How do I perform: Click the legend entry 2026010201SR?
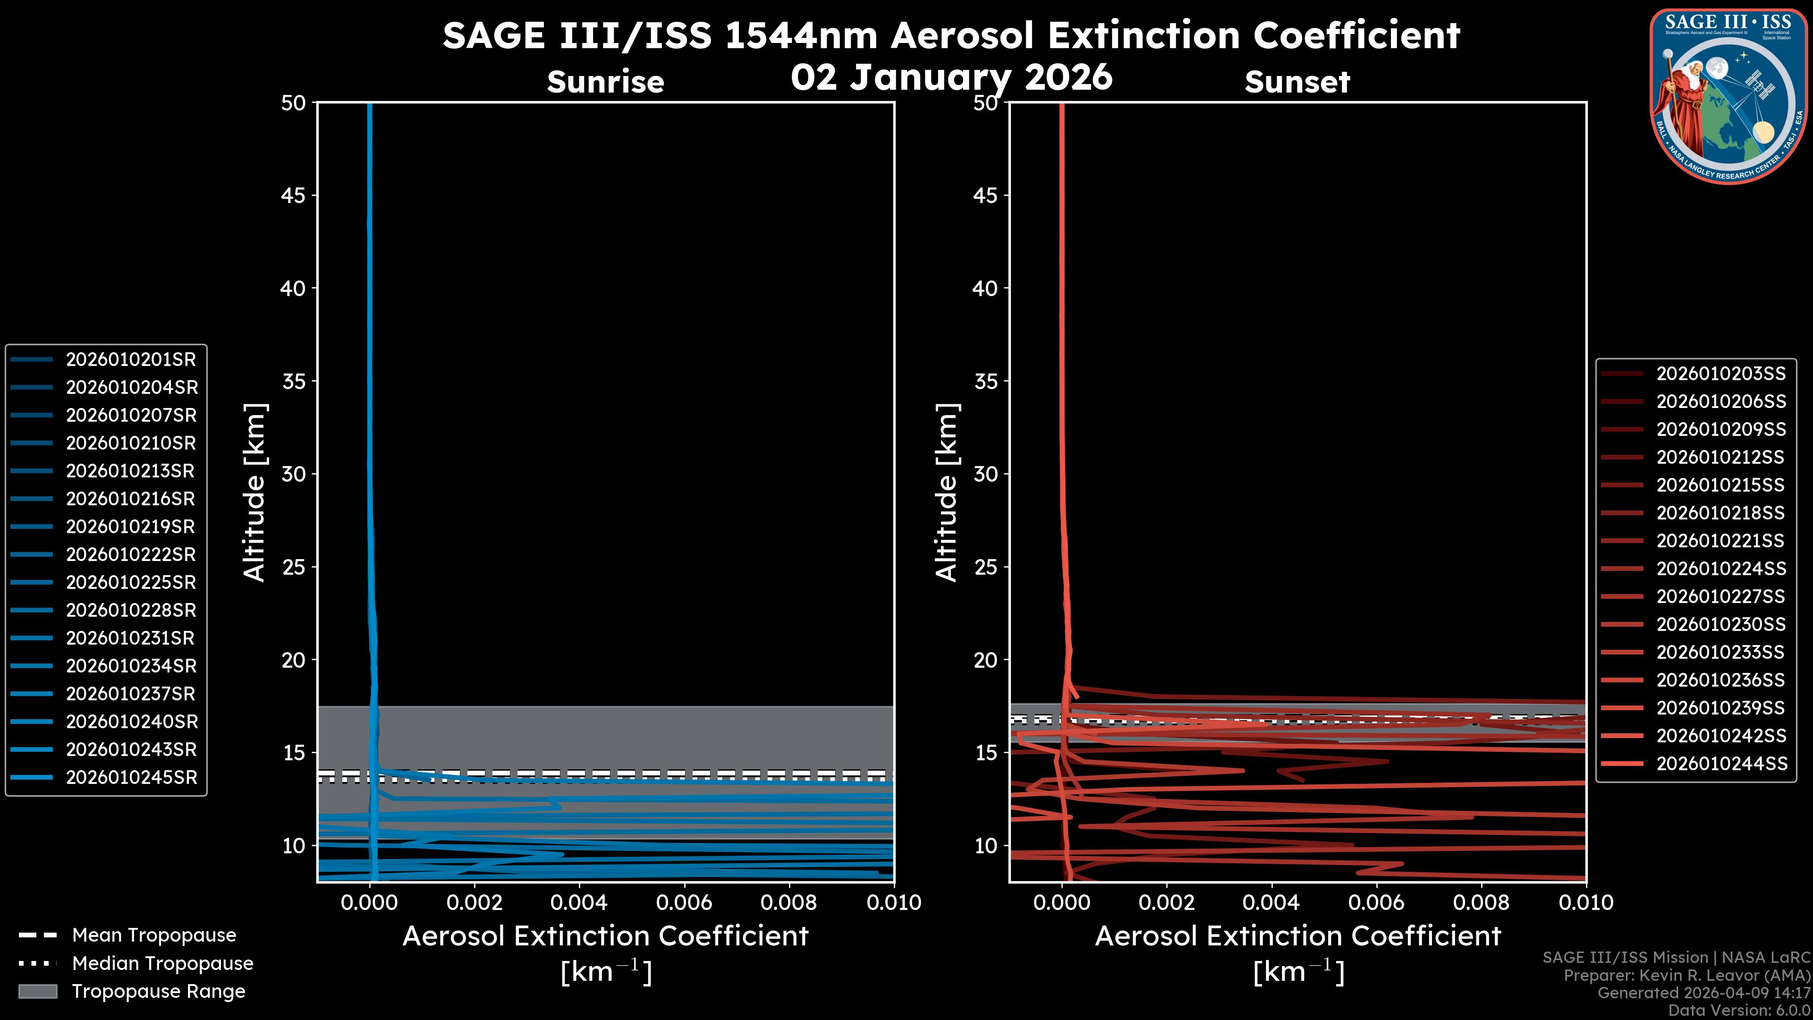click(x=131, y=360)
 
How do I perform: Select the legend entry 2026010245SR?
click(x=132, y=778)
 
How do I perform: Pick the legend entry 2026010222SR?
click(x=131, y=555)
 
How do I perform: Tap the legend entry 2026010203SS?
click(x=1721, y=374)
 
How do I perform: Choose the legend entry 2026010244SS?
click(x=1721, y=764)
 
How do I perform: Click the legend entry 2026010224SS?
click(x=1721, y=569)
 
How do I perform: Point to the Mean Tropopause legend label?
click(x=154, y=935)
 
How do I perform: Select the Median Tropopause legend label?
click(x=162, y=964)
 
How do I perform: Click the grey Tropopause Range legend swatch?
click(x=38, y=992)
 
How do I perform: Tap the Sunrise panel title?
click(x=605, y=82)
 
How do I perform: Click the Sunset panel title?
click(x=1297, y=82)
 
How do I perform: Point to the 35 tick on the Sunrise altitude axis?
click(x=294, y=382)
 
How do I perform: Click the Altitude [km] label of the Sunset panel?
click(x=947, y=493)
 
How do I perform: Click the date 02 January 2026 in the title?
click(x=951, y=77)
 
